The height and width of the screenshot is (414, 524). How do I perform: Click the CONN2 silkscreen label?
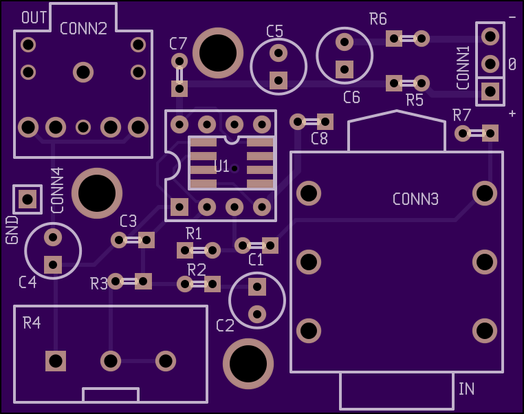pos(83,29)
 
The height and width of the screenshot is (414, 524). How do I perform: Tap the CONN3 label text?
pos(415,199)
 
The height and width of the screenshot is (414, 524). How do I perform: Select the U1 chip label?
pos(221,166)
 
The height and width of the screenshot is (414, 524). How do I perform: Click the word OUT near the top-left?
pos(34,17)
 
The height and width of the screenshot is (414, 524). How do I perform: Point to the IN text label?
pos(466,389)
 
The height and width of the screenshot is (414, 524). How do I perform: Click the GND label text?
pos(12,230)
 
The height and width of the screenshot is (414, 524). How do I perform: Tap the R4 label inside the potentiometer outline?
pos(32,323)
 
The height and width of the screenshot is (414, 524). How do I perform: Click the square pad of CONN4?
pos(28,199)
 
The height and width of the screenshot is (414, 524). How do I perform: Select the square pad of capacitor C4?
pos(53,265)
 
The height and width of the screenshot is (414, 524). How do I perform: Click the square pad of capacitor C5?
pos(279,80)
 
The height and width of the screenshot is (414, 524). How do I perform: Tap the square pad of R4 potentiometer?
pos(56,361)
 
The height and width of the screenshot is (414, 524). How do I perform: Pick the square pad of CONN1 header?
pos(490,91)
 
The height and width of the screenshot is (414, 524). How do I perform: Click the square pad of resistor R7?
pos(490,133)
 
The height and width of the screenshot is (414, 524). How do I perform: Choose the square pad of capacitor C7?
pos(179,89)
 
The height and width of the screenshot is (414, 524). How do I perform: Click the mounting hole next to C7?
pos(218,53)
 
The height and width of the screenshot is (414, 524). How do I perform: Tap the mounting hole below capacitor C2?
pos(248,364)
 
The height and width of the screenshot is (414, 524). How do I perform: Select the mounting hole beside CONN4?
pos(97,193)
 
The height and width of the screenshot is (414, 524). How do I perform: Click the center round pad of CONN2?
pos(83,72)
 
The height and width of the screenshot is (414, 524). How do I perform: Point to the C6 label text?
pos(351,98)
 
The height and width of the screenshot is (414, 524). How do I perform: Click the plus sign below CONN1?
pos(512,114)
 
